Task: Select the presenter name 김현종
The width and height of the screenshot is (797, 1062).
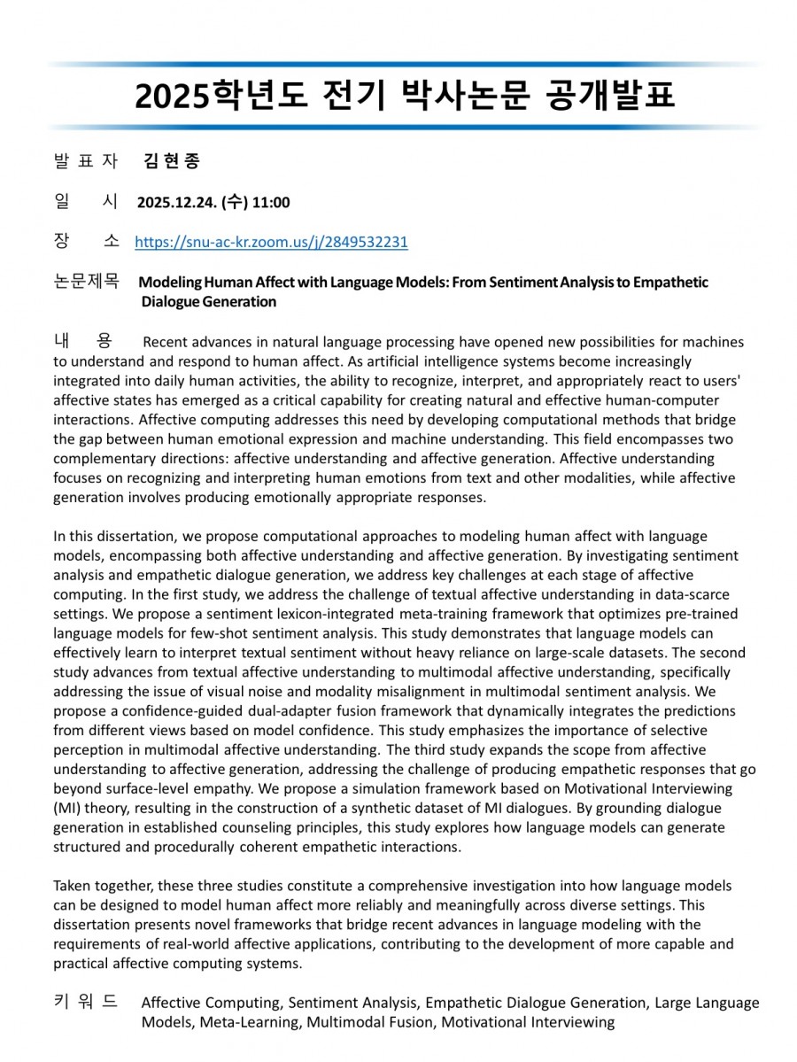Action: tap(172, 161)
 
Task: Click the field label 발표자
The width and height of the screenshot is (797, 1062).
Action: tap(86, 161)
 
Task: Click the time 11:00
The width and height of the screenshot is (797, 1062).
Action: tap(271, 203)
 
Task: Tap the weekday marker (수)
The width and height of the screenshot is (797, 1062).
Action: tap(234, 203)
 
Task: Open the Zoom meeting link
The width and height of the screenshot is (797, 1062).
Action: tap(271, 242)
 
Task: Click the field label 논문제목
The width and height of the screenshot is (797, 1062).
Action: tap(86, 282)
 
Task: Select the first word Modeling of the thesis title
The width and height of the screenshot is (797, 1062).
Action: tap(170, 283)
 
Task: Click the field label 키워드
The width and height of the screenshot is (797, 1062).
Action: tap(86, 1002)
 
